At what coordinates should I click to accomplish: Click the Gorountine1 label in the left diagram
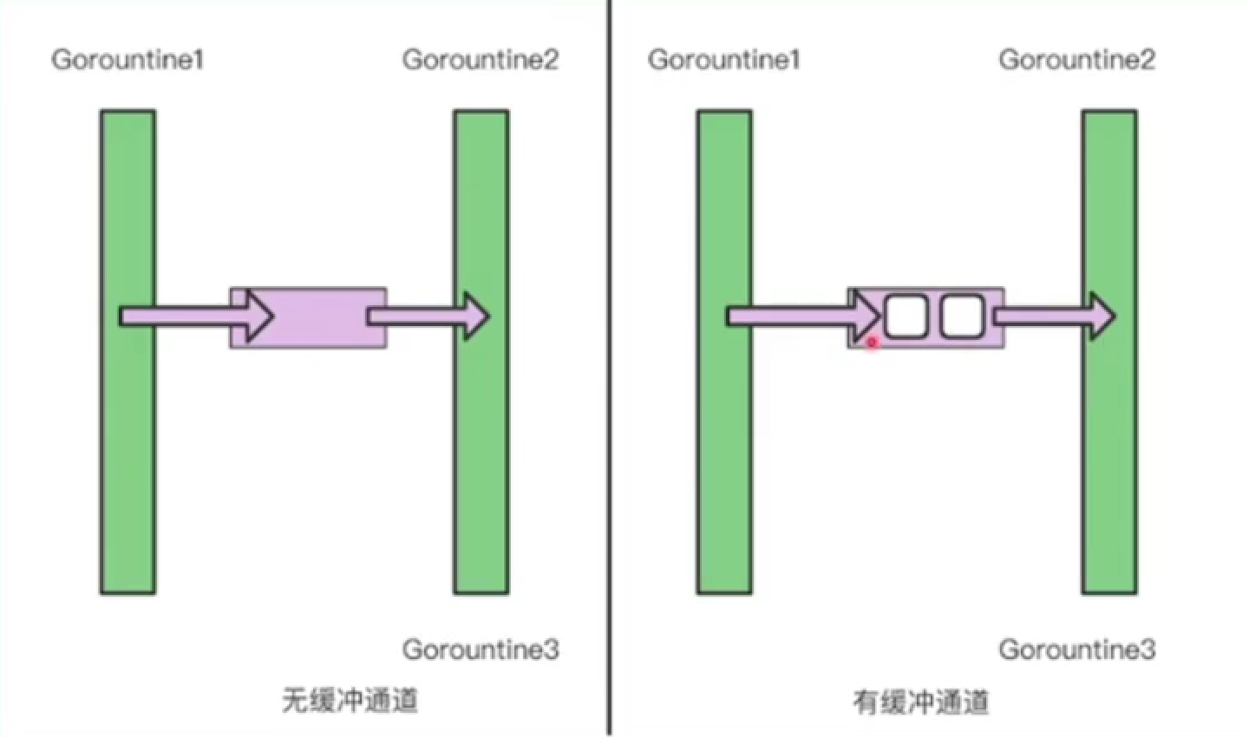tap(127, 60)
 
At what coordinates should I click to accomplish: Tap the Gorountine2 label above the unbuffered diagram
tap(480, 60)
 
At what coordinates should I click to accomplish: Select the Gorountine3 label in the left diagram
tap(480, 650)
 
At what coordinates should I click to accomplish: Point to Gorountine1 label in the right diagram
tap(723, 60)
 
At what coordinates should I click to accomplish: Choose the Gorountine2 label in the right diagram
tap(1076, 60)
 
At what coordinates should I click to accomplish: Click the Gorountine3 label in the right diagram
tap(1076, 650)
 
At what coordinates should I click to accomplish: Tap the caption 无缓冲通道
tap(350, 700)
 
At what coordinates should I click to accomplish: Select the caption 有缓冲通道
tap(920, 702)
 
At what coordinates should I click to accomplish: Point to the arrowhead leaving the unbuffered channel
tap(476, 316)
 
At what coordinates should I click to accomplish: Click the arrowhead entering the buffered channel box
tap(867, 316)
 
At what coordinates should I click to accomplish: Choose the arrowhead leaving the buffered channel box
tap(1102, 316)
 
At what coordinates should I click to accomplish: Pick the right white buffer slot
tap(962, 317)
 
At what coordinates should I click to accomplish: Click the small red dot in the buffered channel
tap(873, 343)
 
